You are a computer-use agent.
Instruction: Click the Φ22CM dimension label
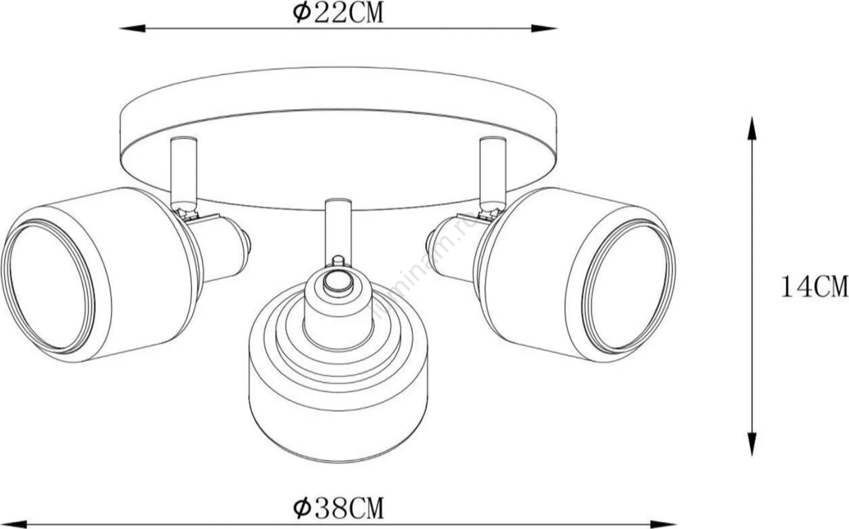[338, 13]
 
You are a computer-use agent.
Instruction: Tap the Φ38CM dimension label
[338, 508]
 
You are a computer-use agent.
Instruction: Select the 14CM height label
[814, 287]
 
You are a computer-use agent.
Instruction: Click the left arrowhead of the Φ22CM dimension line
[133, 28]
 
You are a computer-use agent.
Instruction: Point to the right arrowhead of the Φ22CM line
[544, 28]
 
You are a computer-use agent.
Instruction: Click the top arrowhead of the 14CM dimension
[752, 129]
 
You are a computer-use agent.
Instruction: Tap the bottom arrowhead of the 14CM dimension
[752, 444]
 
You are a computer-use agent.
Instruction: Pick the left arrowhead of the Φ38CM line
[14, 524]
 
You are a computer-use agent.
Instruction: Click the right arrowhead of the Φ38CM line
[663, 524]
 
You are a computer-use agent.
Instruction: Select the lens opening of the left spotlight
[48, 287]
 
